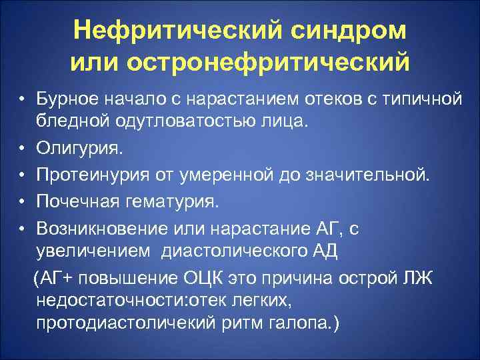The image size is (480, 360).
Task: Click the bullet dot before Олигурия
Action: coord(22,144)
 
